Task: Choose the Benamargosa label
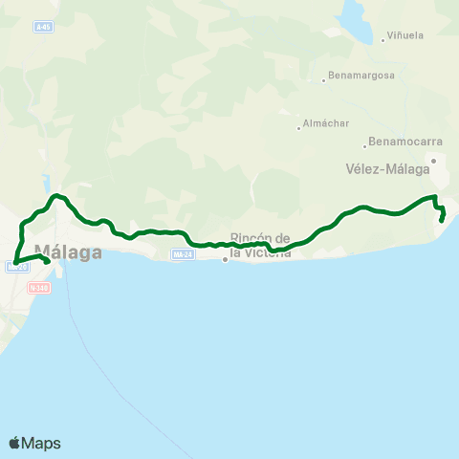[x=361, y=76]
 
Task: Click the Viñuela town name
[x=405, y=37]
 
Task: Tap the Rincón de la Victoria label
[x=260, y=245]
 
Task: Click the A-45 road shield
[x=43, y=28]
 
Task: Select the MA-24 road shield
[x=184, y=254]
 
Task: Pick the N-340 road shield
[x=39, y=286]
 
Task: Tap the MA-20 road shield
[x=17, y=268]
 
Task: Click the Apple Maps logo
[x=34, y=443]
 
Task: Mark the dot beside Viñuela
[x=382, y=38]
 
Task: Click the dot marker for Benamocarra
[x=365, y=146]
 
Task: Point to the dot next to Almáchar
[x=299, y=124]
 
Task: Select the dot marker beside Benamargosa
[x=325, y=80]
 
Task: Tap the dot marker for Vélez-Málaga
[x=433, y=161]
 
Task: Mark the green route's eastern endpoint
[x=441, y=221]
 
